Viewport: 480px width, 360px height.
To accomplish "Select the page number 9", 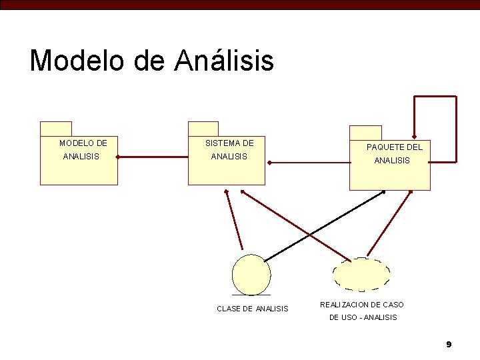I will [x=449, y=344].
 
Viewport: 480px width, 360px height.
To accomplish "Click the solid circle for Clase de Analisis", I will [x=251, y=275].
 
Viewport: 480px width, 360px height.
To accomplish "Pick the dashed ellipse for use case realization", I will [x=361, y=275].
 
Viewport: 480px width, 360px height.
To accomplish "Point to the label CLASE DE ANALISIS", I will [x=253, y=309].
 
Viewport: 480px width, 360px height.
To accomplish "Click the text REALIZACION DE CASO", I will [x=362, y=305].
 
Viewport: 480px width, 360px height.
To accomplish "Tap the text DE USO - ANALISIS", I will [x=363, y=317].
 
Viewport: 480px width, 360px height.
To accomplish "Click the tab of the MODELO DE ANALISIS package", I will [x=56, y=129].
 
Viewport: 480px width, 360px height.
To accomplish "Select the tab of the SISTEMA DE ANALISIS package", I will [x=203, y=129].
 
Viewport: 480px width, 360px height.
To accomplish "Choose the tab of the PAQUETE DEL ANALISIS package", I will [x=365, y=133].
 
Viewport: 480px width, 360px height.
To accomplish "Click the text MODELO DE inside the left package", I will [x=83, y=143].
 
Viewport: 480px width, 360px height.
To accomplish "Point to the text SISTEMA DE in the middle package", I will [x=229, y=143].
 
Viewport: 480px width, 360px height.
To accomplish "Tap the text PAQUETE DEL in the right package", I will [x=395, y=147].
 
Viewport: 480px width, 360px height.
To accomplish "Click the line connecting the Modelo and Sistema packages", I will [x=153, y=157].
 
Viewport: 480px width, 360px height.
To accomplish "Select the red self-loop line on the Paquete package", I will [x=456, y=130].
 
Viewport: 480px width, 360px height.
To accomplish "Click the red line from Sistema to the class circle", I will [x=234, y=220].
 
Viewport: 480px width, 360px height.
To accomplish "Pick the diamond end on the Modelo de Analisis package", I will [x=118, y=157].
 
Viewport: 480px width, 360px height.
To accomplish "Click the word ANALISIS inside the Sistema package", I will [x=229, y=157].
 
